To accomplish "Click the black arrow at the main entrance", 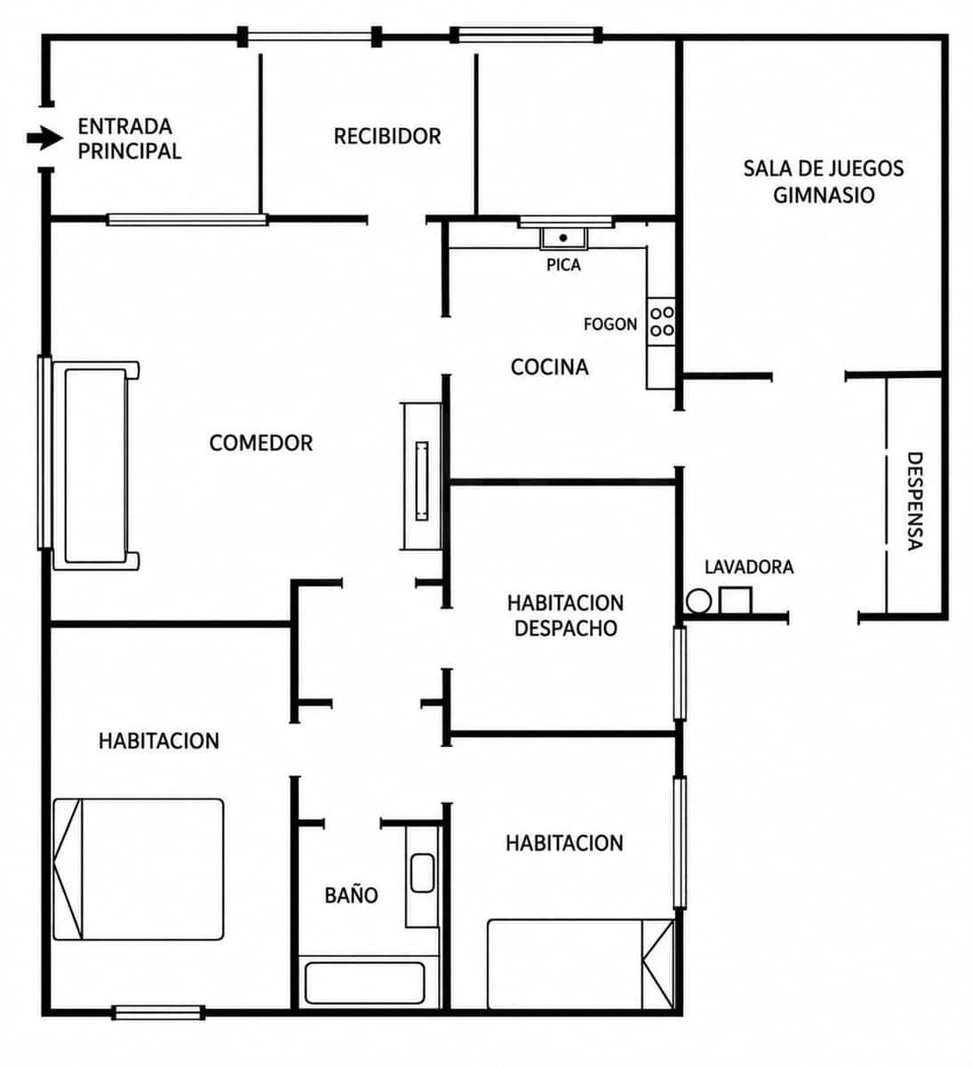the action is (44, 139).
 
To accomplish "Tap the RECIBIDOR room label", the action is (387, 137).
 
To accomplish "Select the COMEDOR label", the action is (260, 443).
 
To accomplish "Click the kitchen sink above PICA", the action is (563, 238).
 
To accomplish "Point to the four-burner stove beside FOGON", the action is (661, 322).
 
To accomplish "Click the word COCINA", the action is (549, 367).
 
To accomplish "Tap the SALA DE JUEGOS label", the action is (823, 169).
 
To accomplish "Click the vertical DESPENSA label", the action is (914, 501).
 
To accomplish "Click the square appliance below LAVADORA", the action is (736, 600).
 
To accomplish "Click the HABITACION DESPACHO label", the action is (565, 615).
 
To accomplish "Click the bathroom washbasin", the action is (422, 873).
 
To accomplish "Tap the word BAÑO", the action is (351, 895).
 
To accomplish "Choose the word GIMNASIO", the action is (824, 196).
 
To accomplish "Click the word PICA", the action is (563, 265).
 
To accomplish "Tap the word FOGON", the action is (610, 325).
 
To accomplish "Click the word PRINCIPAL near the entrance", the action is (129, 151).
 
